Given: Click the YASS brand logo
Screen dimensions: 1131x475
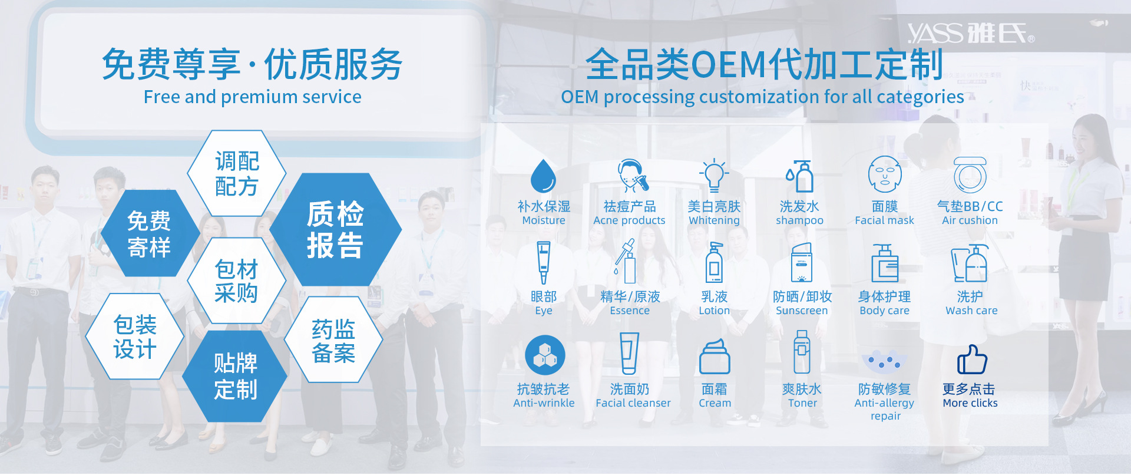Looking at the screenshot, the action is point(971,33).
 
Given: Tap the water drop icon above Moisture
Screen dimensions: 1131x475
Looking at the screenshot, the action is point(543,176).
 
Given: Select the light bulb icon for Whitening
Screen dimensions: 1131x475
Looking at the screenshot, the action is point(714,175).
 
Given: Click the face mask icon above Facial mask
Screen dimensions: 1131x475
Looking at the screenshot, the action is point(885,174).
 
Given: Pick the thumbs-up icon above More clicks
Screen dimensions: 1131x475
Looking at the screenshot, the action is point(971,359).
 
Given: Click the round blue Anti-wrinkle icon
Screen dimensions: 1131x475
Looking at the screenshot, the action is point(545,355).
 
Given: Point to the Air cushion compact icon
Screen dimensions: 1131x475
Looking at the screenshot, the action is point(970,175).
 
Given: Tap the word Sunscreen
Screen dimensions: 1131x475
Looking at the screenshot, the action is point(802,311).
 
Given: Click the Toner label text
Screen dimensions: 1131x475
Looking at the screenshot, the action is point(803,403).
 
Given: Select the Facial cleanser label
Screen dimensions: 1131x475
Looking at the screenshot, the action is point(633,403).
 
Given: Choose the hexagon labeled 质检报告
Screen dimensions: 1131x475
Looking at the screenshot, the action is point(335,229).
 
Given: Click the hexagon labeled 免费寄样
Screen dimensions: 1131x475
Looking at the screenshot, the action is point(150,233).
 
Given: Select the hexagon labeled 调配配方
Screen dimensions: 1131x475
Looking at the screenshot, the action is point(237,173).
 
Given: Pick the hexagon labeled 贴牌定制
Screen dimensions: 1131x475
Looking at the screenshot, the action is point(235,376).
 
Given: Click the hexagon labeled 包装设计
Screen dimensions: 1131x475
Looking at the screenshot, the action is point(135,337).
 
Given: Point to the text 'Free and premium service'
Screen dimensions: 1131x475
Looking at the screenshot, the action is point(253,97).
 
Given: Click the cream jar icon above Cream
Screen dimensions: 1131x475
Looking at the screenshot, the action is point(715,357).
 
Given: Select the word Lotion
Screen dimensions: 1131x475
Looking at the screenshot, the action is point(714,311).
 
